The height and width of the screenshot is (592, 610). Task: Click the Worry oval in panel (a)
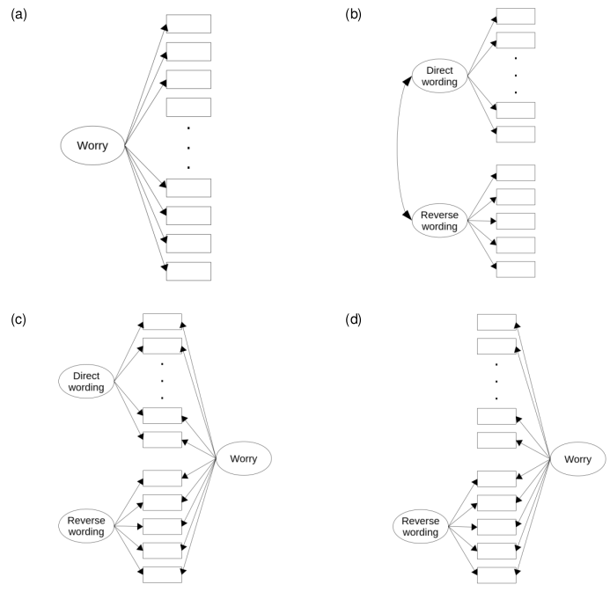[92, 146]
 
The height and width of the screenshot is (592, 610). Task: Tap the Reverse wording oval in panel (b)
[438, 220]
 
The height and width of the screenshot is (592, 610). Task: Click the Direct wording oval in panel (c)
[88, 382]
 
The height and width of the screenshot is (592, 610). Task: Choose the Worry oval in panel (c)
[242, 459]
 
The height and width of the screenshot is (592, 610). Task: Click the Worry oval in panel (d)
[577, 459]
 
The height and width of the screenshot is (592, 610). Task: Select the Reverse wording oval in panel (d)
[421, 525]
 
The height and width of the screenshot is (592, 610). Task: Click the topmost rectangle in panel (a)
[188, 24]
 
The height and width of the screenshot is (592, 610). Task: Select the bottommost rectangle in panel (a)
[188, 271]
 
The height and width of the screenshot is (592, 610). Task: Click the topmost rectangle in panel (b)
[515, 16]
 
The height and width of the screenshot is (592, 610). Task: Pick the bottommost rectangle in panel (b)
[515, 268]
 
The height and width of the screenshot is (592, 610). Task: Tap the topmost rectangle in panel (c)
[162, 321]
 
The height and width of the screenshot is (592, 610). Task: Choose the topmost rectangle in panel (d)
[496, 321]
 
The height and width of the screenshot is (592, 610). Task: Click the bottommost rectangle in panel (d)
[496, 574]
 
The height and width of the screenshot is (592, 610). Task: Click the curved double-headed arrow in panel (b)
[400, 148]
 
